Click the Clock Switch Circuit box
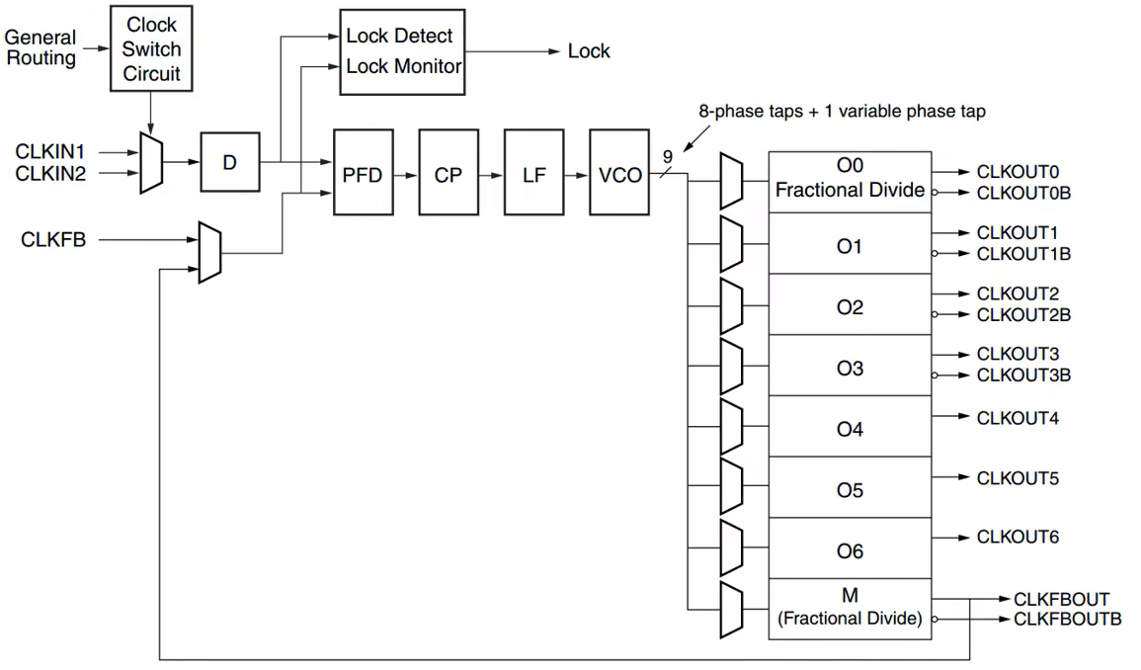[x=151, y=48]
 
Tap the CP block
[x=448, y=172]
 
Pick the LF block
[x=534, y=172]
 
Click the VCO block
[x=619, y=172]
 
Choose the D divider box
[x=230, y=162]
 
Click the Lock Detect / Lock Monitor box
[x=401, y=51]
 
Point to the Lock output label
[x=589, y=51]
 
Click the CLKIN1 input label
[x=50, y=152]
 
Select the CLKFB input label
[x=52, y=239]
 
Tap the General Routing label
[x=41, y=47]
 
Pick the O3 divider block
[x=850, y=368]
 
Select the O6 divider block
[x=850, y=551]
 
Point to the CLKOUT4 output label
[x=1018, y=418]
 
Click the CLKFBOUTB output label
[x=1067, y=620]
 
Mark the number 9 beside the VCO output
[x=667, y=155]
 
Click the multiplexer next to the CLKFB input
[x=209, y=253]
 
